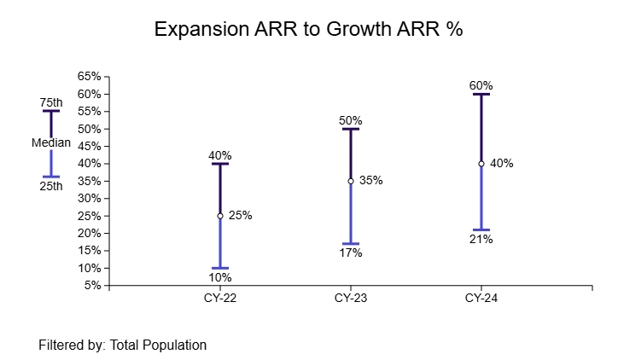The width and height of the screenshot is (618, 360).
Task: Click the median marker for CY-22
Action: (219, 216)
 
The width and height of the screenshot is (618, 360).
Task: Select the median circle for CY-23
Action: (351, 181)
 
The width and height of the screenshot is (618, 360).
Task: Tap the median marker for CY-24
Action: (481, 163)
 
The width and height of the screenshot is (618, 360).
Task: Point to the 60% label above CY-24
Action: (481, 85)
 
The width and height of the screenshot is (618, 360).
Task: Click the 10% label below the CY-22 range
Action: (219, 277)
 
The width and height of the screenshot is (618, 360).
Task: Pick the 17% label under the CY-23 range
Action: (351, 253)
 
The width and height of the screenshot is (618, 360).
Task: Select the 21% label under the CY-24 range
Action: (481, 239)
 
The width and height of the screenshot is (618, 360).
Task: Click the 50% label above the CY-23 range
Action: (351, 120)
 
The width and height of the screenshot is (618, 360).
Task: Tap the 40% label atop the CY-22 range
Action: (219, 155)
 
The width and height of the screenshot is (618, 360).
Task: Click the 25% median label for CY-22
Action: (241, 216)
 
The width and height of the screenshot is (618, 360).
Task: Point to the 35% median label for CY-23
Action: (371, 181)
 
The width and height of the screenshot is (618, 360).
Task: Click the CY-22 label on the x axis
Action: (219, 299)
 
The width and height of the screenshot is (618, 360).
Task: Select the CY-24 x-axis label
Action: (481, 299)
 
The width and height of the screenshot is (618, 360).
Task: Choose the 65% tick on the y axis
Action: (90, 76)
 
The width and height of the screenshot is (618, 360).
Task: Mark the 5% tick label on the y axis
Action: (92, 286)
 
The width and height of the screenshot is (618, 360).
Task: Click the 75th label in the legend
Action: (51, 102)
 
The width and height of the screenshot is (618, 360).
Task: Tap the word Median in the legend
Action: (51, 143)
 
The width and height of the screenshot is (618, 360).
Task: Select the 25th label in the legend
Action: (51, 185)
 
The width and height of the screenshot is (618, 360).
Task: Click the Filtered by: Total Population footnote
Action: (123, 345)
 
